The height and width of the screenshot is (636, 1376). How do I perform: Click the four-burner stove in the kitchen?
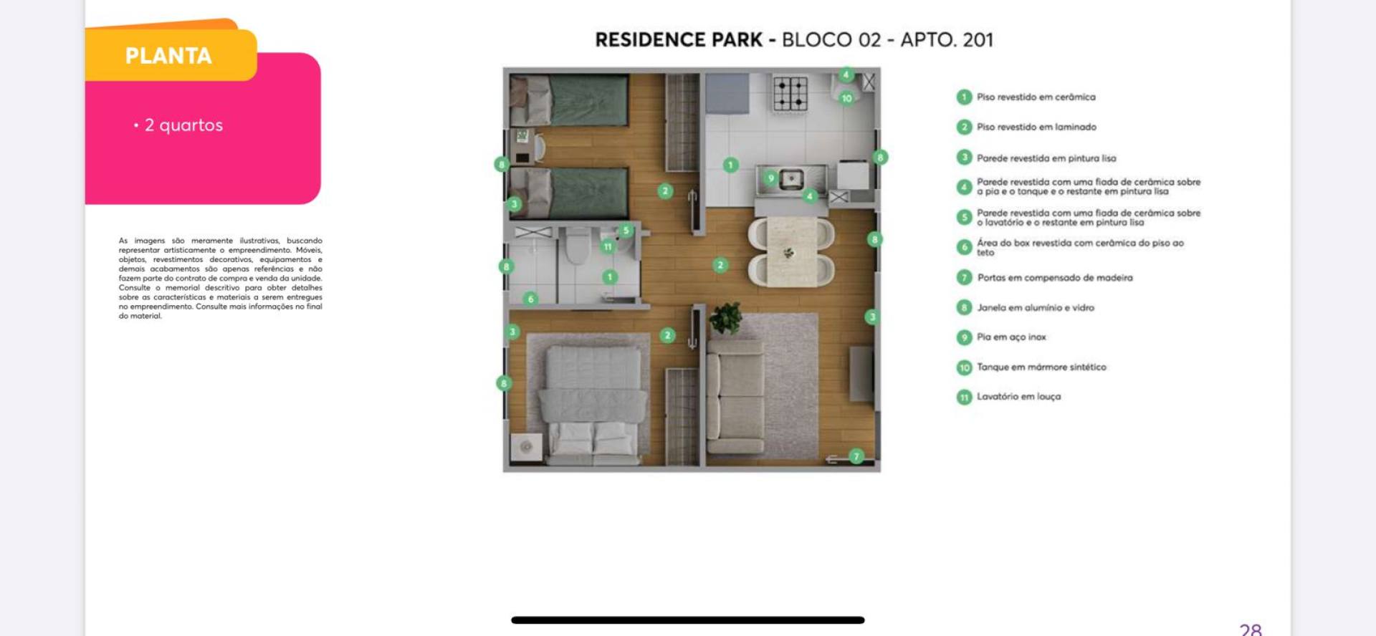[790, 93]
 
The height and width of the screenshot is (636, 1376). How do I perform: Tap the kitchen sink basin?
[791, 178]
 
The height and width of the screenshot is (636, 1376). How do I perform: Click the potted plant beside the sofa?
[725, 319]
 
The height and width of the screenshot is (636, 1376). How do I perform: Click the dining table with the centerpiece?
[791, 251]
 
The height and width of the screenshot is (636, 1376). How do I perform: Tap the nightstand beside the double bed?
[526, 446]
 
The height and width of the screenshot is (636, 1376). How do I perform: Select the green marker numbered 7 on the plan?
[856, 456]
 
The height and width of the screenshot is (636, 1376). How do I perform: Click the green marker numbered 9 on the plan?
[770, 178]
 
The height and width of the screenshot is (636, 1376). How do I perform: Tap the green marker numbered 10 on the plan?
[846, 98]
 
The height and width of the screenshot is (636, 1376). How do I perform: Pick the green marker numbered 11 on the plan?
[607, 246]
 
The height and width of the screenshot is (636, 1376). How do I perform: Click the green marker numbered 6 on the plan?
[530, 299]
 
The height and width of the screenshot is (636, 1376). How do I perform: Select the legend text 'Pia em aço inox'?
[1011, 337]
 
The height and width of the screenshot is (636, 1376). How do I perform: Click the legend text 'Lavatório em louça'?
[1018, 397]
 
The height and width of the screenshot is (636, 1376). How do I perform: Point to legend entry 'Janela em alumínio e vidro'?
[1036, 308]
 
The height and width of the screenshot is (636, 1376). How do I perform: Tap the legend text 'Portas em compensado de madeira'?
[1055, 278]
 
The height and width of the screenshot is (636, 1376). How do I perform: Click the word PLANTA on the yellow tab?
[168, 56]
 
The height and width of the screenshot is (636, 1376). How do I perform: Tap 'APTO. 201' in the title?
[947, 39]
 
